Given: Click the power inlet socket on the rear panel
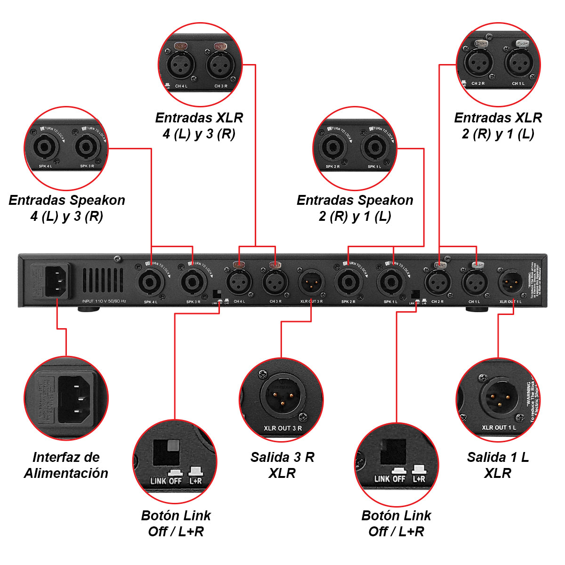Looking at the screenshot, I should [x=57, y=281].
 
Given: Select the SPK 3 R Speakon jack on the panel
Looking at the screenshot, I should [x=193, y=282].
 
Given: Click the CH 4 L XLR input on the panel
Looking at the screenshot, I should [x=239, y=282].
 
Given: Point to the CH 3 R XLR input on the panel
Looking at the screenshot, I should [x=275, y=282].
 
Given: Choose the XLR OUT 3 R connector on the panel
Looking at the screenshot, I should [x=311, y=282].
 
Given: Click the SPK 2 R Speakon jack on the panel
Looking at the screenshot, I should [x=348, y=282].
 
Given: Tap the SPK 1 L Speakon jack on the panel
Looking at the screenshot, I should [x=390, y=282].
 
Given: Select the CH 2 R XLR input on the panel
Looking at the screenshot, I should [x=438, y=282].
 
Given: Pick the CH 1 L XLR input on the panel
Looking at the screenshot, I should [x=475, y=282].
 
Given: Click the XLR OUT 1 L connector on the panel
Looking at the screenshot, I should [x=511, y=282].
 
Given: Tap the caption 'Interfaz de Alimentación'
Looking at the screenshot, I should [x=66, y=465].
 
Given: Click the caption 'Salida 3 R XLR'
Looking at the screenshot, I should [x=282, y=465].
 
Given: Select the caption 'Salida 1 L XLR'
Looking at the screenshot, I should [x=498, y=465].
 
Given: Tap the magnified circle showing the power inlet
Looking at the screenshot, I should [x=66, y=398].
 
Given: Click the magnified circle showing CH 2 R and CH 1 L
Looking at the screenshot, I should [x=498, y=65].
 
